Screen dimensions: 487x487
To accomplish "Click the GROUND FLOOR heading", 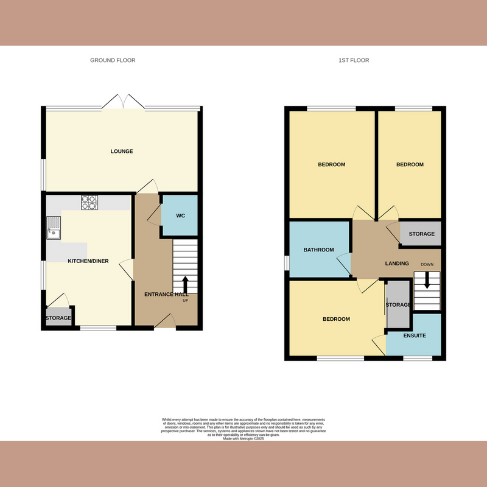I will [x=113, y=60].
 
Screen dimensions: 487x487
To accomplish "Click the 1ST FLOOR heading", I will [x=354, y=60].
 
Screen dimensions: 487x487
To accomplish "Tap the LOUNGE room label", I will [x=122, y=151].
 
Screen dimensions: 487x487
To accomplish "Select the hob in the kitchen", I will [x=89, y=202].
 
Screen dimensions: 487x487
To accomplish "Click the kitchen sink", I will [x=54, y=226].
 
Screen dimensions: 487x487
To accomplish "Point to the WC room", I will [x=180, y=216].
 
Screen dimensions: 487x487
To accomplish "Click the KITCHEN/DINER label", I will [x=88, y=261].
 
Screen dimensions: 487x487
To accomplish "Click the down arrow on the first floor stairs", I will [x=427, y=279].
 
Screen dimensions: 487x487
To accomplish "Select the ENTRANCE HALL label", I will [x=166, y=295].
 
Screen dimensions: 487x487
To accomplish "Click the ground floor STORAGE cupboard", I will [x=58, y=318].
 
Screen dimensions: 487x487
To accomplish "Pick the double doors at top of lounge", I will [x=124, y=102].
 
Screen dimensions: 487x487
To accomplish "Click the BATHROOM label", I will [x=319, y=250].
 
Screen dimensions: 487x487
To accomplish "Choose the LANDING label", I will [x=397, y=263].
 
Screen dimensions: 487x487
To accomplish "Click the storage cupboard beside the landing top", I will [x=421, y=234].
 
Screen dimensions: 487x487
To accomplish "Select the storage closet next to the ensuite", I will [x=398, y=304].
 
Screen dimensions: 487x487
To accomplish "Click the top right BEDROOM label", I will [x=410, y=164].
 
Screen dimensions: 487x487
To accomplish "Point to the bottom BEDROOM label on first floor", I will [x=336, y=319].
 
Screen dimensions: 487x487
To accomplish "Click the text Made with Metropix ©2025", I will [x=243, y=438].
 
